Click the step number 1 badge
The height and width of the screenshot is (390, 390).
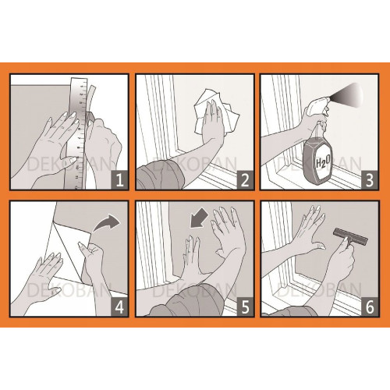(119, 180)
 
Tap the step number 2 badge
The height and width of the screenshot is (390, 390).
(245, 180)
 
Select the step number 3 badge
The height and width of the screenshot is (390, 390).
(370, 180)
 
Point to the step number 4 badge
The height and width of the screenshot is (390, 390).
(119, 307)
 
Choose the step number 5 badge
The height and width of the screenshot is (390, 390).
(245, 307)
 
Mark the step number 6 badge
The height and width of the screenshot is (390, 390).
(370, 307)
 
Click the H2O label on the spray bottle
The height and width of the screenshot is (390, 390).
(323, 162)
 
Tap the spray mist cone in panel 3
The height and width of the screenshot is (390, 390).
(349, 96)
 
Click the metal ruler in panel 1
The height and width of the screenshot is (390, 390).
(78, 133)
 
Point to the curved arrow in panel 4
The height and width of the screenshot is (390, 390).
(106, 223)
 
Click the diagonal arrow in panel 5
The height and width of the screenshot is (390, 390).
(199, 219)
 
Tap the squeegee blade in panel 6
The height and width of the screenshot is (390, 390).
(350, 235)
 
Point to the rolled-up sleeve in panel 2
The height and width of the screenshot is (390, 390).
(160, 173)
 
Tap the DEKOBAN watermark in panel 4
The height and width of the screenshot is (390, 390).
(69, 290)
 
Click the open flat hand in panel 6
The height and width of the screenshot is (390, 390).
(310, 229)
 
